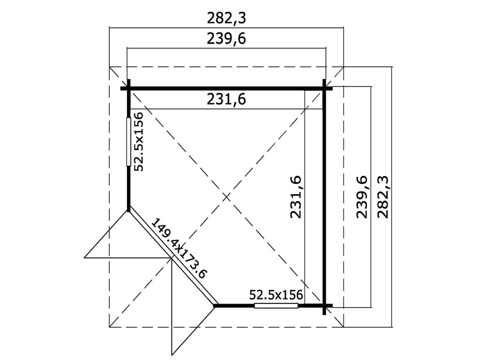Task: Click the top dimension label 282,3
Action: click(x=226, y=19)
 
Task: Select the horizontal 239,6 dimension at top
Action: click(x=226, y=39)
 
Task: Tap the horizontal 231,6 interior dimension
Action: click(x=226, y=99)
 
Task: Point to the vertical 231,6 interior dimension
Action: click(x=296, y=197)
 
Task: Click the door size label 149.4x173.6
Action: click(x=180, y=249)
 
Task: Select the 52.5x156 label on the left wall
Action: click(x=139, y=141)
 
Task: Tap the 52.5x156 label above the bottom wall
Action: click(x=276, y=295)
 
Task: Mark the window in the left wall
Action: click(x=129, y=142)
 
